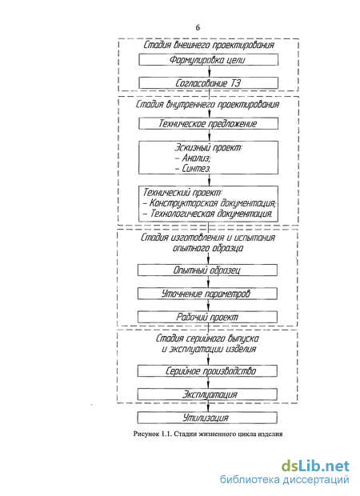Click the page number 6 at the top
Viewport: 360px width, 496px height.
(x=198, y=28)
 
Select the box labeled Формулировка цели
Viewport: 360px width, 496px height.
(x=209, y=60)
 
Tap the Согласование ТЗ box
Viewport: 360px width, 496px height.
(x=209, y=83)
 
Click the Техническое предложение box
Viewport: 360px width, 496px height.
(x=209, y=123)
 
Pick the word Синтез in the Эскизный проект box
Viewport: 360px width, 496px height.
(x=196, y=169)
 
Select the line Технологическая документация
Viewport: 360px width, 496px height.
(x=208, y=214)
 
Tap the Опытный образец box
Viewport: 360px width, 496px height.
(x=207, y=270)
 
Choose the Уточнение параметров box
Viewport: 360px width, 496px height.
(x=207, y=294)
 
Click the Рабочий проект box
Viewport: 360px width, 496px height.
(x=207, y=317)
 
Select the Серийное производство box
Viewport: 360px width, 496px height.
(x=207, y=370)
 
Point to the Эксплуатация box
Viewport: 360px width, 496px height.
(x=207, y=394)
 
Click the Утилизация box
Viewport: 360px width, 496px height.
(x=207, y=418)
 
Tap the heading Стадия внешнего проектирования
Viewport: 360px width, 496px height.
(x=209, y=45)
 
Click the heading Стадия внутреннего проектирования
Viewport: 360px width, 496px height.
(x=207, y=104)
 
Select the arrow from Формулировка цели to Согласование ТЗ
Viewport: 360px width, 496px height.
(x=209, y=71)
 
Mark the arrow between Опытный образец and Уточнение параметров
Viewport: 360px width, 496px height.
(x=208, y=282)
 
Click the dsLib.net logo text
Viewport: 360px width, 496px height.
(x=315, y=466)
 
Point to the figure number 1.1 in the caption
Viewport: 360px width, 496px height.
(x=166, y=434)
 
